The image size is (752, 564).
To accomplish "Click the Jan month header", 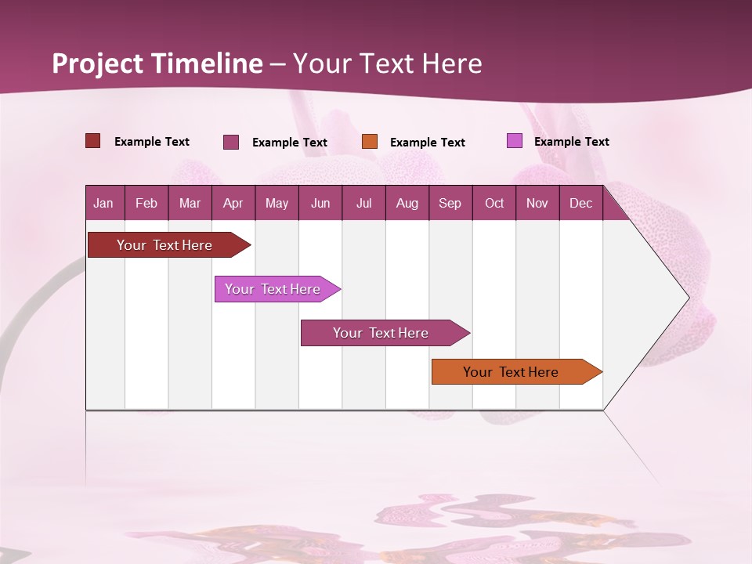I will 103,203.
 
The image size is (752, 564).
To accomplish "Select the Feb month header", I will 146,203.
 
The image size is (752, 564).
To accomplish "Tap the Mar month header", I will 190,203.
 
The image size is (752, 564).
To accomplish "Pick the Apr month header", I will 233,203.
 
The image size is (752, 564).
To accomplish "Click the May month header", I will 277,203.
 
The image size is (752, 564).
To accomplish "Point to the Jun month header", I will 320,203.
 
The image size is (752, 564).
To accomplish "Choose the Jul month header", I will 363,203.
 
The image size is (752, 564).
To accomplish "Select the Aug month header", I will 407,203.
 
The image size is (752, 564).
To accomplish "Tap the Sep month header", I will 450,203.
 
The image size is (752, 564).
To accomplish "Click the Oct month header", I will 494,203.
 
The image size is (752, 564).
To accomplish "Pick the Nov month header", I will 537,203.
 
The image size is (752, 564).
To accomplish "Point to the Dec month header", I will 580,203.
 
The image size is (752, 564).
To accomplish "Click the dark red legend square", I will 93,141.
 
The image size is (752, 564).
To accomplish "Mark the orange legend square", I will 370,142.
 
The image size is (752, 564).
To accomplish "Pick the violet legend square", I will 515,141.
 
